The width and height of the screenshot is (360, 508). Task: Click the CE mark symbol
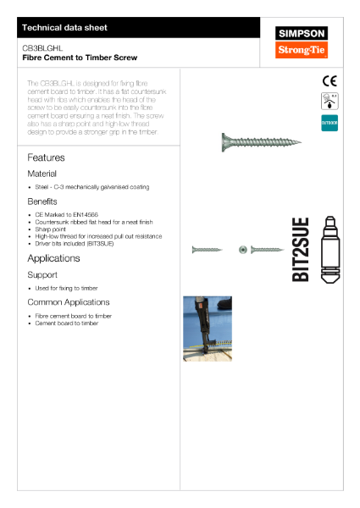pyautogui.click(x=330, y=81)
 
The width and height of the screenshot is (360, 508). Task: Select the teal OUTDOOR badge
pyautogui.click(x=330, y=123)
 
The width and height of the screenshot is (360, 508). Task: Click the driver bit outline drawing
pyautogui.click(x=331, y=251)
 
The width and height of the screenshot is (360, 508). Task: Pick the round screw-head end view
pyautogui.click(x=243, y=250)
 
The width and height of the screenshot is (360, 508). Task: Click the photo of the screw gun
pyautogui.click(x=208, y=328)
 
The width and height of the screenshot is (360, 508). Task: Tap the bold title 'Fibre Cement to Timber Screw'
pyautogui.click(x=68, y=58)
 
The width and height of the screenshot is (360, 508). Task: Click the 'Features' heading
pyautogui.click(x=46, y=157)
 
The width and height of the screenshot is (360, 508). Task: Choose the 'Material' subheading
pyautogui.click(x=42, y=173)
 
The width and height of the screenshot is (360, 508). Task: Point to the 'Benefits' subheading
pyautogui.click(x=42, y=202)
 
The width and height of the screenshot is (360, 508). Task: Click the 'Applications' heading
pyautogui.click(x=53, y=258)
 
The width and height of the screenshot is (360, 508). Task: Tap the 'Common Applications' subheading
pyautogui.click(x=69, y=302)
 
